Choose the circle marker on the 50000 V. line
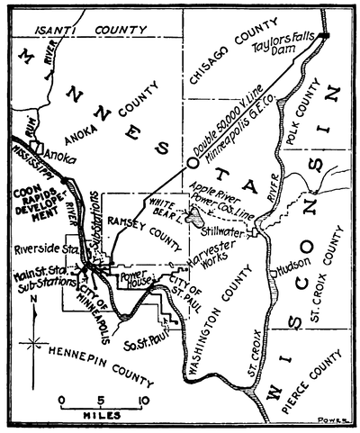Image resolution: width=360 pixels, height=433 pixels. point(191,164)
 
